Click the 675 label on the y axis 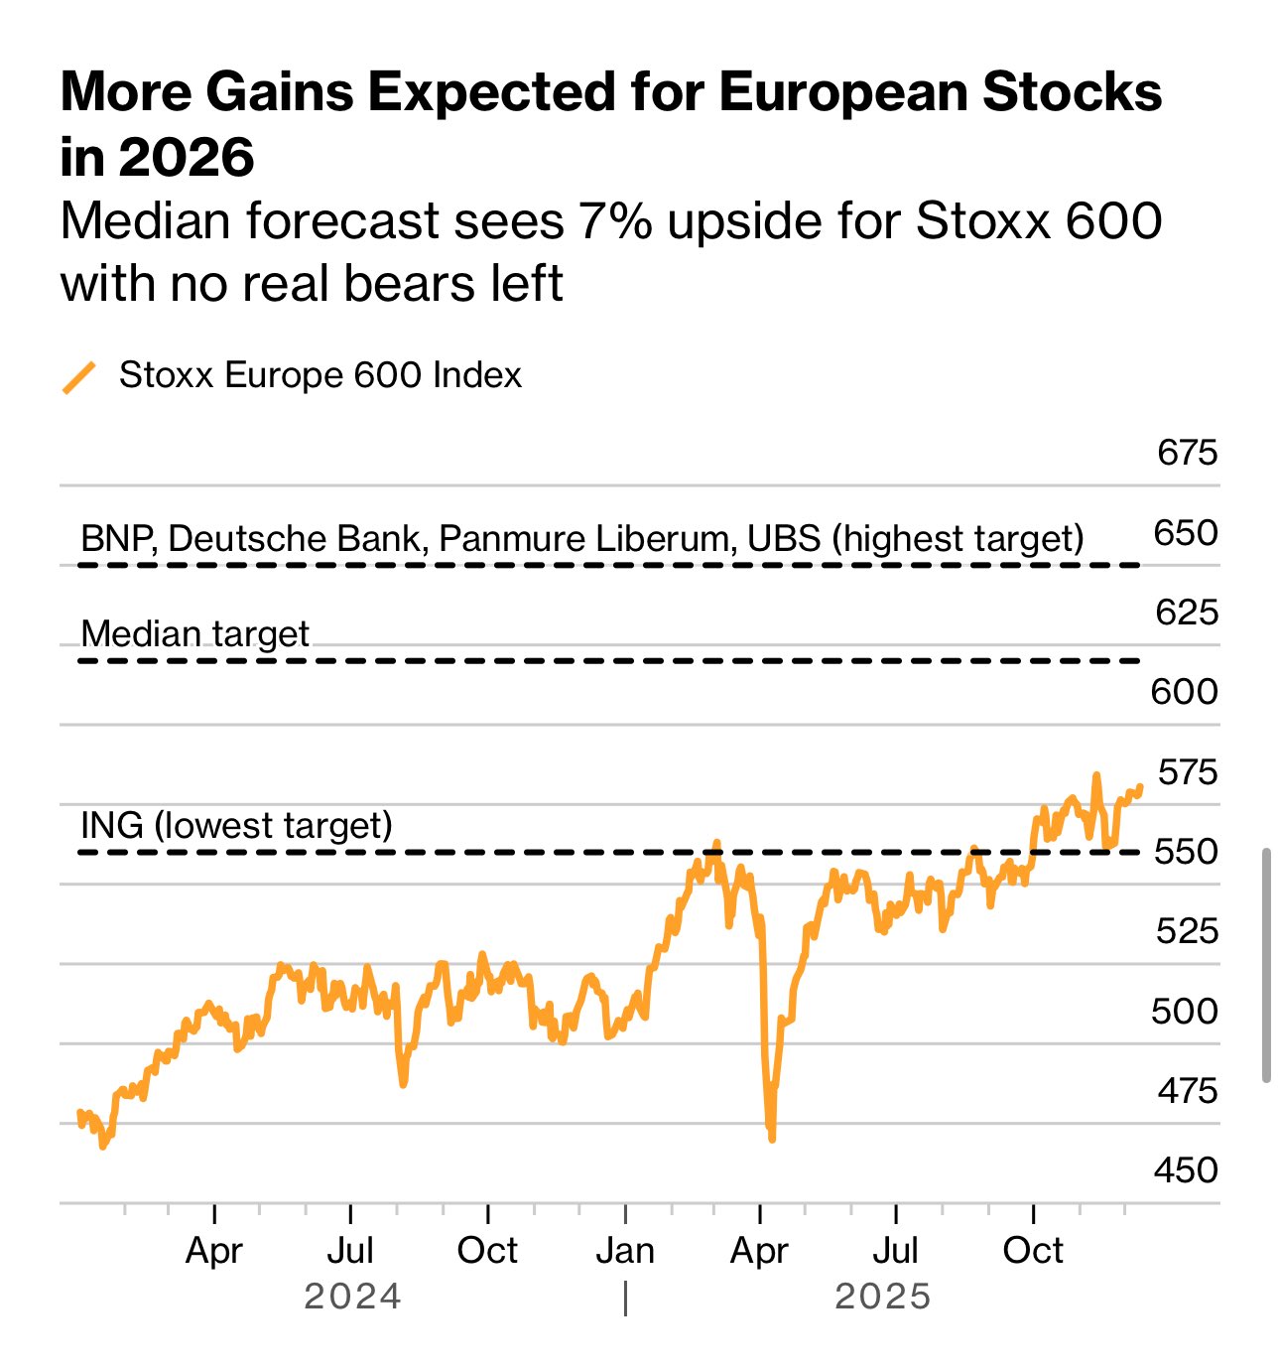(1187, 453)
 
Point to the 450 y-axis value (1186, 1170)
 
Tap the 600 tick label (1184, 692)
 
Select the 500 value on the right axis (1184, 1012)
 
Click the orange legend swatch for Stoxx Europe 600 (79, 377)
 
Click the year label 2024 (352, 1297)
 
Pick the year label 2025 (883, 1297)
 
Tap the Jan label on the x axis (625, 1251)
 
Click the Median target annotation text (195, 634)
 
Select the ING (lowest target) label (236, 826)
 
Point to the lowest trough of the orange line (772, 1138)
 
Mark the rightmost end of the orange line (1140, 787)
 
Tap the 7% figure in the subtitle (615, 221)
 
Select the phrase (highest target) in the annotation (958, 539)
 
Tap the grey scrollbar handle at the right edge (1266, 964)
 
